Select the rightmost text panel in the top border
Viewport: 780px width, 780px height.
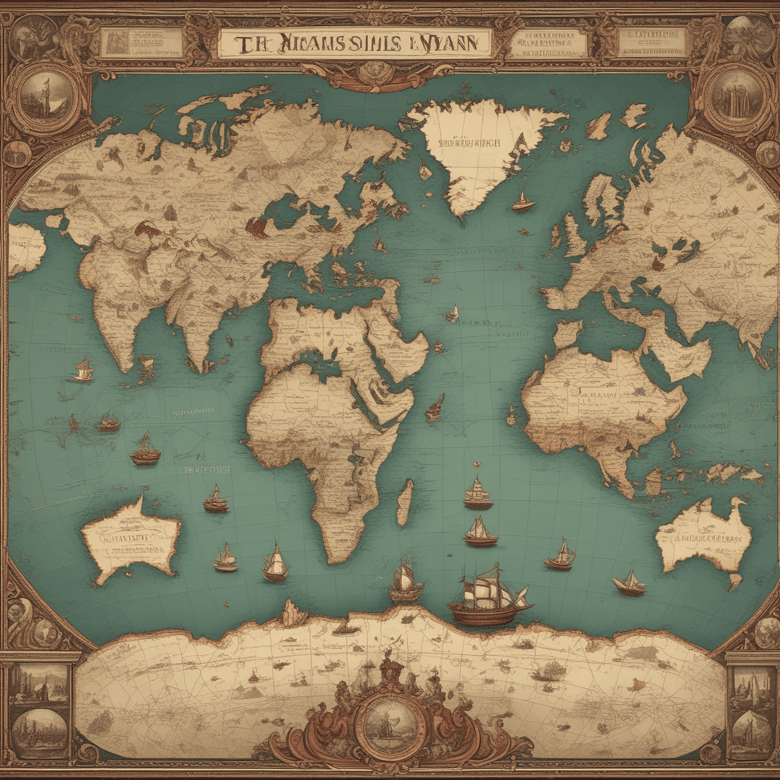click(x=650, y=43)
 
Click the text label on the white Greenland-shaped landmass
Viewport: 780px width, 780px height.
click(x=468, y=144)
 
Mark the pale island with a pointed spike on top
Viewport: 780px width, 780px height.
click(x=131, y=536)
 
